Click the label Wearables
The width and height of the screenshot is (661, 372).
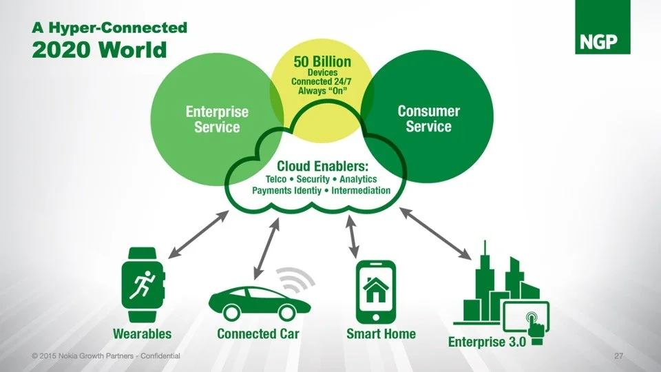click(x=143, y=334)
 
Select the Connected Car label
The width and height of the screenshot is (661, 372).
click(x=258, y=334)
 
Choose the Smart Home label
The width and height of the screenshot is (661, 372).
click(x=381, y=334)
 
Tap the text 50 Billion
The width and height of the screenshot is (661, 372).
click(x=322, y=62)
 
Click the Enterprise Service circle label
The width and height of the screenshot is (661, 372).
click(x=217, y=119)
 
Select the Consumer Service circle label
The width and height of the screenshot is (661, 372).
click(x=429, y=118)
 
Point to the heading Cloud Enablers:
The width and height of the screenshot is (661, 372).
click(x=322, y=166)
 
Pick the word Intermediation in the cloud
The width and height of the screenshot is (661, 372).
click(x=361, y=190)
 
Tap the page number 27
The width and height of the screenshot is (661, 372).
click(x=618, y=356)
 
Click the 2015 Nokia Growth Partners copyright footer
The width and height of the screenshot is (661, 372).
click(x=106, y=356)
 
